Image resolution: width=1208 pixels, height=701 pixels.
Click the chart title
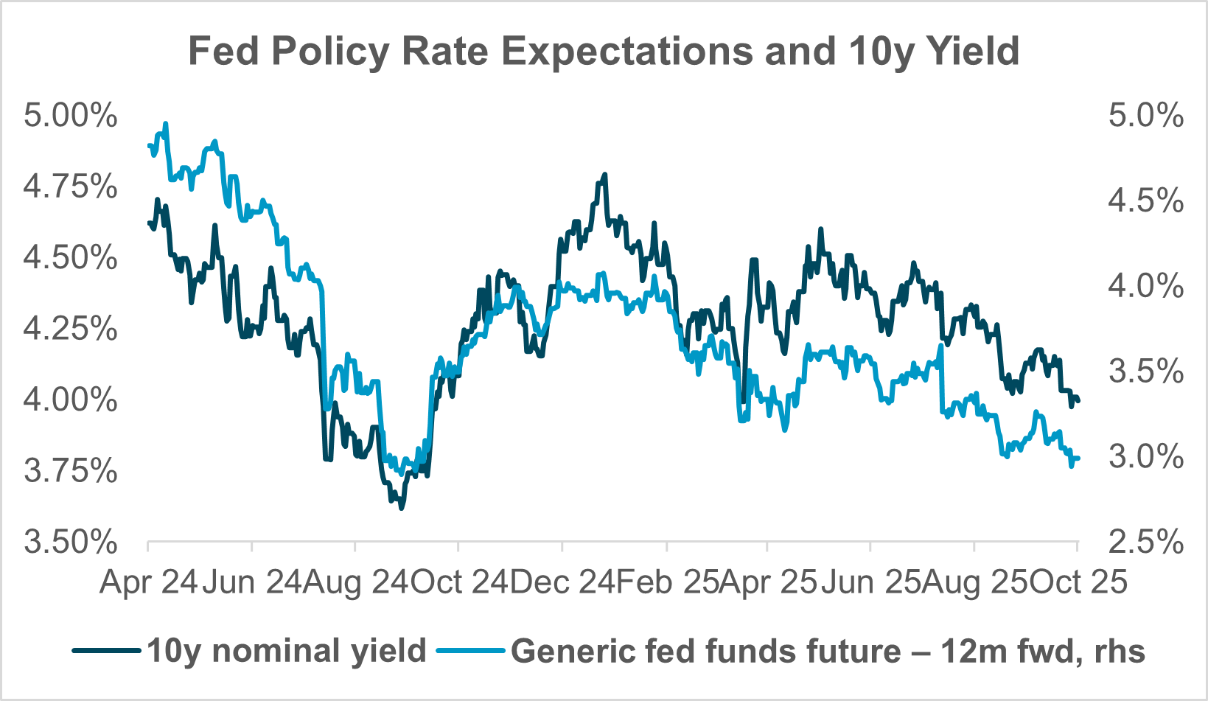(604, 51)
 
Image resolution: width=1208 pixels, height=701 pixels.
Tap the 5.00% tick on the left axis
(71, 116)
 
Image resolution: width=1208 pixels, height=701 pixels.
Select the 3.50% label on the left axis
(71, 542)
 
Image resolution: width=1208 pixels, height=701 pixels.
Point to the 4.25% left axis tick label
(71, 329)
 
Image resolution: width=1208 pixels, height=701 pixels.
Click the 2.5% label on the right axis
(1145, 542)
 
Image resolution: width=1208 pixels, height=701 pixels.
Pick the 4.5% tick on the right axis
(1145, 200)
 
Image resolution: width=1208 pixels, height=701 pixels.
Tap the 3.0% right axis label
(1145, 456)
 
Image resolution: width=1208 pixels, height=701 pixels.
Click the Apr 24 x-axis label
(148, 582)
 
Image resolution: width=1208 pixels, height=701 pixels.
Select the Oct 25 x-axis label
(1078, 582)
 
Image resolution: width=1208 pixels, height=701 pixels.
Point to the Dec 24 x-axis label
(562, 582)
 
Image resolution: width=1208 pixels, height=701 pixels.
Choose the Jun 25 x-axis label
(870, 582)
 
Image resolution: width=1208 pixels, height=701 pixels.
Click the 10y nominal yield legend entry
(286, 651)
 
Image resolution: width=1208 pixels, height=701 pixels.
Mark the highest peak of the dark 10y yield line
(605, 175)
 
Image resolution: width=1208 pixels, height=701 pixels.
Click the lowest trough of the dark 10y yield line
(401, 508)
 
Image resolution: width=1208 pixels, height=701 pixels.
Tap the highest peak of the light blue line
(166, 124)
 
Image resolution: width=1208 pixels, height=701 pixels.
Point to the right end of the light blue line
(1078, 458)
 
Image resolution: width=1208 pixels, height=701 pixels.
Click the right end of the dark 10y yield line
(1078, 400)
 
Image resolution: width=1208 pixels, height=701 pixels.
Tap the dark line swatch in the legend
(106, 651)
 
